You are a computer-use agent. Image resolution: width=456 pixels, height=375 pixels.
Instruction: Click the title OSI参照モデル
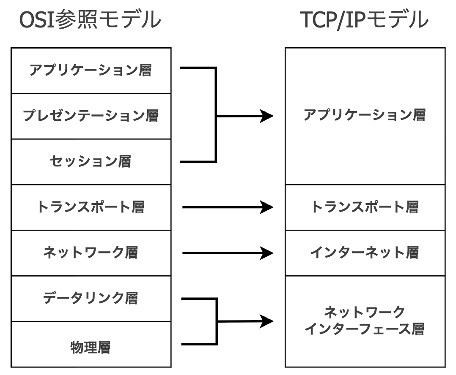(x=91, y=20)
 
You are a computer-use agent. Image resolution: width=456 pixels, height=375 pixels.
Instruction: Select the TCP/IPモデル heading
(x=364, y=20)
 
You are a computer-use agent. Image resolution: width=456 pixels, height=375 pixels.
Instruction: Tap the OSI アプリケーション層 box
(x=91, y=70)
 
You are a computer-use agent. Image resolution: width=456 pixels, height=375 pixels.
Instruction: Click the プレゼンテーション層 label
(x=91, y=115)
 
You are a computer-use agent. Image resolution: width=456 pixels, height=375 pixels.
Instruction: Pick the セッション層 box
(x=91, y=161)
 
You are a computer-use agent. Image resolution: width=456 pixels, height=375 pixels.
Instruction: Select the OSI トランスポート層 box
(x=91, y=207)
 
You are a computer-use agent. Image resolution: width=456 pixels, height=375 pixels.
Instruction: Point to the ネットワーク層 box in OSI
(x=91, y=253)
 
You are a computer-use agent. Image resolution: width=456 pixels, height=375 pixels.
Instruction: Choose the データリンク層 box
(x=91, y=298)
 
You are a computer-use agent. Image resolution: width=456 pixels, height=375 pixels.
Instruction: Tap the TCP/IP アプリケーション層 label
(x=365, y=115)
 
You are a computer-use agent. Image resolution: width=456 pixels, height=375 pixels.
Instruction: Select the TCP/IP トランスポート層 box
(x=365, y=207)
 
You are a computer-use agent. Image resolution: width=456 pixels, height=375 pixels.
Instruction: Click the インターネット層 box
(x=365, y=253)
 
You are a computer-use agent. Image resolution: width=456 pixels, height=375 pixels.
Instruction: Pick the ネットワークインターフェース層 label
(x=365, y=321)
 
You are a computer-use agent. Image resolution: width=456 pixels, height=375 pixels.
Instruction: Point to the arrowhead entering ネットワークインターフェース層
(x=266, y=321)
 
